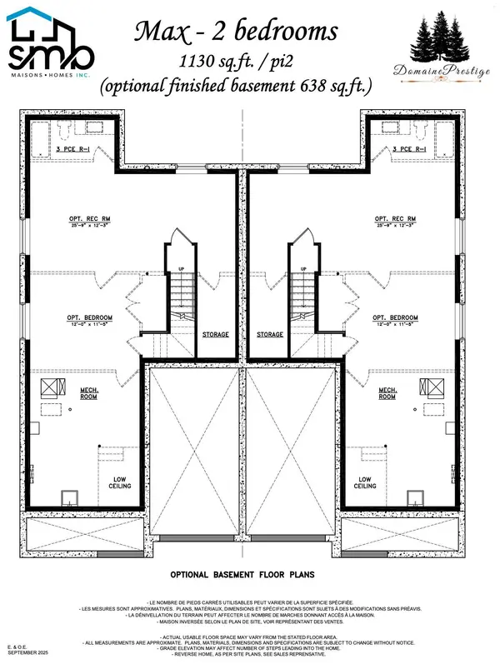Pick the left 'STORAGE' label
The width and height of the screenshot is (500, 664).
click(x=216, y=334)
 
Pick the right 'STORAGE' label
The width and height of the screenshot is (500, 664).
click(x=270, y=334)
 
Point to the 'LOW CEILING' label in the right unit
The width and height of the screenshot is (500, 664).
click(x=364, y=483)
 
